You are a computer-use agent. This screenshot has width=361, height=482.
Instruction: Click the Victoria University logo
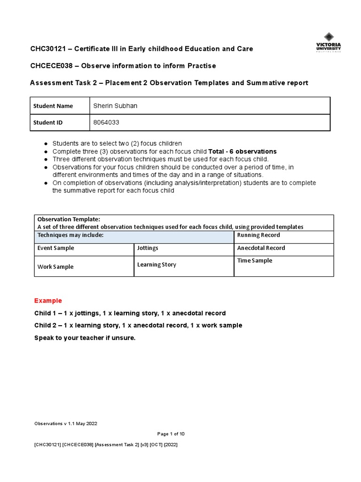[329, 42]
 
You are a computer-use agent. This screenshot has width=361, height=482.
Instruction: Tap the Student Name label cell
[53, 106]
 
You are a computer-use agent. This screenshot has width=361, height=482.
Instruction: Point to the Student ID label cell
[48, 122]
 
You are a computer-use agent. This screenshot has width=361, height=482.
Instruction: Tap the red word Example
[48, 301]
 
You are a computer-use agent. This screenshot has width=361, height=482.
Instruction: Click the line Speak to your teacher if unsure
[85, 338]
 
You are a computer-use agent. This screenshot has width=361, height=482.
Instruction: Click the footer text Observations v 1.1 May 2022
[66, 424]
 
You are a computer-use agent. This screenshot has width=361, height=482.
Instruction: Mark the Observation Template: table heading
[69, 219]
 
